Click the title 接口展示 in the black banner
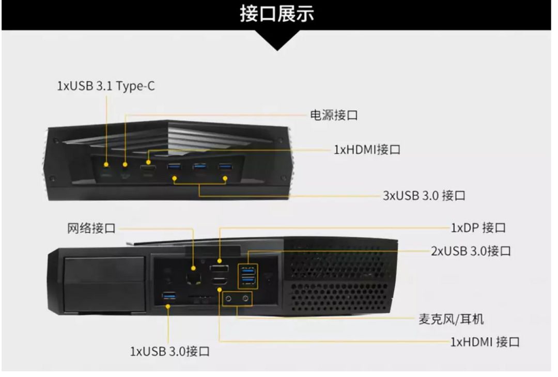tap(277, 14)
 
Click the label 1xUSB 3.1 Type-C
tap(106, 86)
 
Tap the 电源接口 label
tap(334, 115)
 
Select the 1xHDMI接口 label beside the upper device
tap(367, 149)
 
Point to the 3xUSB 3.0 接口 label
tap(424, 196)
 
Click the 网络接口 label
tap(91, 228)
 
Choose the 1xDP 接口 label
tap(478, 228)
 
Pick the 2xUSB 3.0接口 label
tap(471, 251)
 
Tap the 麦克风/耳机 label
tap(451, 319)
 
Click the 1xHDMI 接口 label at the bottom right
tap(485, 342)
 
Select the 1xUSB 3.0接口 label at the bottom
tap(170, 351)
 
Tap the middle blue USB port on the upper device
tap(199, 166)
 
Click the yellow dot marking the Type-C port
tap(106, 165)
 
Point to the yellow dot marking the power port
tap(125, 164)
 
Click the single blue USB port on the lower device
tap(169, 295)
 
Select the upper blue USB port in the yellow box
tap(248, 272)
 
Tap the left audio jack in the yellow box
tap(229, 299)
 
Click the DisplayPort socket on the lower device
tap(219, 269)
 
